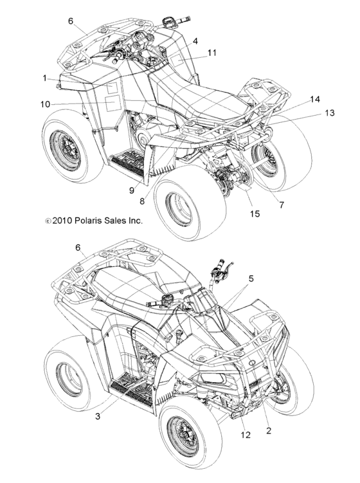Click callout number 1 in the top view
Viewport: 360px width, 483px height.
45,78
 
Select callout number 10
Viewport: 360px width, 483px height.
45,104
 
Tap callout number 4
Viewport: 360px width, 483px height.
195,41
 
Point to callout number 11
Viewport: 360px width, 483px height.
212,53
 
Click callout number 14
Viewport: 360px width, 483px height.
315,99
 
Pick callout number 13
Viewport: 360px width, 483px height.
329,113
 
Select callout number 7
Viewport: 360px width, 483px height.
282,205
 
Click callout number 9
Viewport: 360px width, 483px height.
132,190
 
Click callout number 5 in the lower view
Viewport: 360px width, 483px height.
251,278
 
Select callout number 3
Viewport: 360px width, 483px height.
98,417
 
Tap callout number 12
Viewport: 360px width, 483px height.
246,435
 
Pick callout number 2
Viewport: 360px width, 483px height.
269,430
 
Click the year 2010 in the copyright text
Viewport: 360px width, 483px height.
62,221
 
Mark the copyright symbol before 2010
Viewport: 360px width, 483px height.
48,221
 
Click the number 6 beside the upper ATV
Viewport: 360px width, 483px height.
71,21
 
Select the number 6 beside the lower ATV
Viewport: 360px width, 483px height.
78,248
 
